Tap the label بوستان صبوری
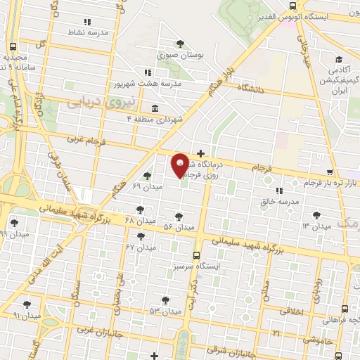pos(181,54)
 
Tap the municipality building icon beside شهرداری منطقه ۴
pos(154,108)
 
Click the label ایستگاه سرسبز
pos(196,268)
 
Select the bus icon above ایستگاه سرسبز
pos(196,257)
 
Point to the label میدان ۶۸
pos(140,221)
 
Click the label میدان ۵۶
pos(177,227)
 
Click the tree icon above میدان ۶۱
pos(146,176)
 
